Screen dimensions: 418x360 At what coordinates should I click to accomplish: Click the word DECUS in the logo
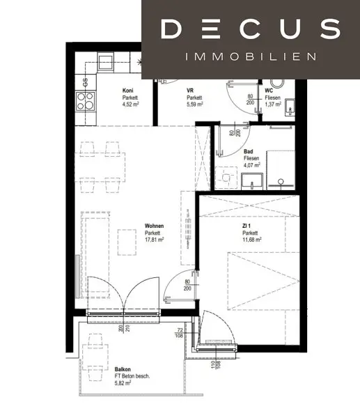coord(250,29)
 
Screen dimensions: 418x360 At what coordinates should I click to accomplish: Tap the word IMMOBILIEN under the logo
coord(250,56)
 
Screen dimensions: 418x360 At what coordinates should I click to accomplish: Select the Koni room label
coord(127,91)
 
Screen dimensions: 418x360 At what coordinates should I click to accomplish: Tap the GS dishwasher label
coord(85,79)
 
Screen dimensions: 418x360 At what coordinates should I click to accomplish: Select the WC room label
coord(269,91)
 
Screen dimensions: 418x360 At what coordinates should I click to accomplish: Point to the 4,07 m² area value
coord(252,166)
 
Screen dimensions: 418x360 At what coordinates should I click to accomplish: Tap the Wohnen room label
coord(154,226)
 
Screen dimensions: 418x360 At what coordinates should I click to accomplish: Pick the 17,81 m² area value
coord(154,240)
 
